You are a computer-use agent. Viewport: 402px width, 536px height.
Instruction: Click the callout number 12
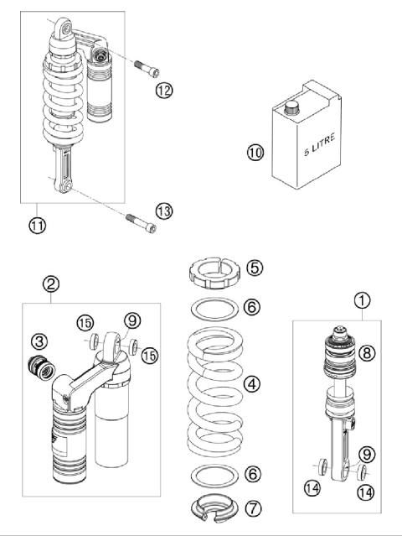click(164, 91)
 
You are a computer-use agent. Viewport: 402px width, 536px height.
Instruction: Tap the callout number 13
click(164, 211)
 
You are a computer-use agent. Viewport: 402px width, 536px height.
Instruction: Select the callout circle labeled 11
click(37, 226)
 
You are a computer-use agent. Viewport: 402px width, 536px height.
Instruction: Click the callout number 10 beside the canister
click(255, 152)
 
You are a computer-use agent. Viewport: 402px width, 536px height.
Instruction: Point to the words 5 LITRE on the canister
click(320, 144)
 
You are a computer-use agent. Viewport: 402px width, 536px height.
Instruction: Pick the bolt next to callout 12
click(147, 68)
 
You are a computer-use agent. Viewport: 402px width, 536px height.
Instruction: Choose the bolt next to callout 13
click(142, 223)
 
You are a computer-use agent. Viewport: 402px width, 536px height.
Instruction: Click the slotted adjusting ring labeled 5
click(214, 273)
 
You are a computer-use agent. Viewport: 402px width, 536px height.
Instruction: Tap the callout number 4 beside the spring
click(252, 384)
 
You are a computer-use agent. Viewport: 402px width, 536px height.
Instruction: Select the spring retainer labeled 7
click(214, 508)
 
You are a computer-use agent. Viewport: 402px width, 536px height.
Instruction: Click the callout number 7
click(253, 508)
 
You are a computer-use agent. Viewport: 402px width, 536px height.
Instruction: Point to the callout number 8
click(367, 352)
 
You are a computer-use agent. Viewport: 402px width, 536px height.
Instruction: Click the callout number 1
click(363, 301)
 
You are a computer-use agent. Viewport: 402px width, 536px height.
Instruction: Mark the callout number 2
click(51, 284)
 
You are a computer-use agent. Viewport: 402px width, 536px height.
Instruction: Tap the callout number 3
click(39, 341)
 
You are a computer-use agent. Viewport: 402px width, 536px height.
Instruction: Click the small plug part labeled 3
click(41, 367)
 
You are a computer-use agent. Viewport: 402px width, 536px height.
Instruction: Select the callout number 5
click(255, 268)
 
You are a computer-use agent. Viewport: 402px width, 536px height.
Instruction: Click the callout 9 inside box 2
click(132, 320)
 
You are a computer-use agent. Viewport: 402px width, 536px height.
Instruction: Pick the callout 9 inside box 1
click(367, 455)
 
